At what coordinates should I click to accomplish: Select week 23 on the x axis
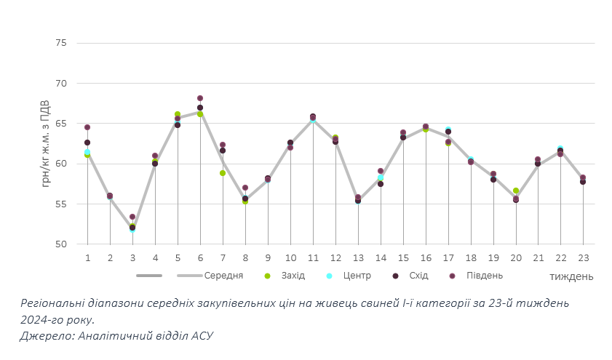(x=584, y=257)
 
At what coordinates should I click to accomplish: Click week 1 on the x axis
(x=87, y=257)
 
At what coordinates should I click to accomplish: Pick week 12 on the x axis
(x=335, y=257)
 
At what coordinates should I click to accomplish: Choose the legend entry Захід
(x=293, y=276)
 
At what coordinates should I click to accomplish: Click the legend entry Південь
(x=484, y=276)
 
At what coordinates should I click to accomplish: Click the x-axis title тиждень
(x=571, y=276)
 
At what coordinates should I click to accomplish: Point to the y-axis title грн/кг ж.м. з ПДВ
(x=46, y=143)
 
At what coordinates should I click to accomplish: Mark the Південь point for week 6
(x=200, y=98)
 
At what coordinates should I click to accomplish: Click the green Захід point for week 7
(x=223, y=173)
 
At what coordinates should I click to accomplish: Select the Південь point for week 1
(x=87, y=127)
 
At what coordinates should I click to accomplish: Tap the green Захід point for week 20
(x=516, y=191)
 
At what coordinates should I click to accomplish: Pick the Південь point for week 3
(x=132, y=217)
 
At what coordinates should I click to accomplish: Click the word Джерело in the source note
(x=44, y=335)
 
